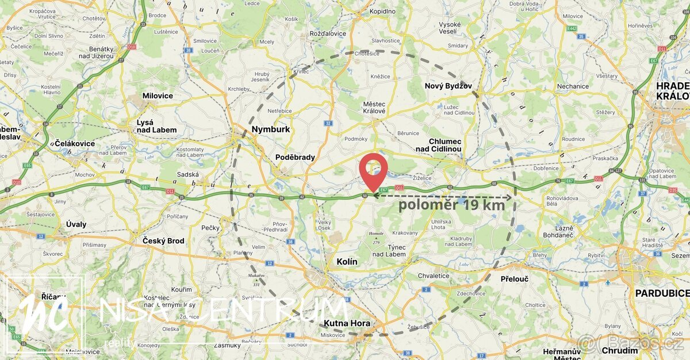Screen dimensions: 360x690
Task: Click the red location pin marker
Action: coord(373,169)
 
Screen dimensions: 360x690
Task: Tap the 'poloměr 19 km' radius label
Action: coord(452,205)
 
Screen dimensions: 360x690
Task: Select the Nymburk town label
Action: coord(270,129)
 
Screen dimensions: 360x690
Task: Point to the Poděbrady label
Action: coord(295,158)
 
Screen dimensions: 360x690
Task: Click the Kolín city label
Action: coord(347,262)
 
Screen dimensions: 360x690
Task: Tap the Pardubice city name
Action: coord(661,293)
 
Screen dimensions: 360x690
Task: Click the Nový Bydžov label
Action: coord(448,86)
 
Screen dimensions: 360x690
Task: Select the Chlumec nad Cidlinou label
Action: coord(445,145)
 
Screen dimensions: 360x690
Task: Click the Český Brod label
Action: coord(164,240)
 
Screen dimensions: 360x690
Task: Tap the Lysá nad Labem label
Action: coord(156,126)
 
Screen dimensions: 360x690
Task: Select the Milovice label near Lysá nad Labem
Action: coord(158,95)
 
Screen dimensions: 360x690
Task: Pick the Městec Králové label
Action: coord(374,108)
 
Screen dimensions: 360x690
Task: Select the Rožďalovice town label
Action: coord(328,33)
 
